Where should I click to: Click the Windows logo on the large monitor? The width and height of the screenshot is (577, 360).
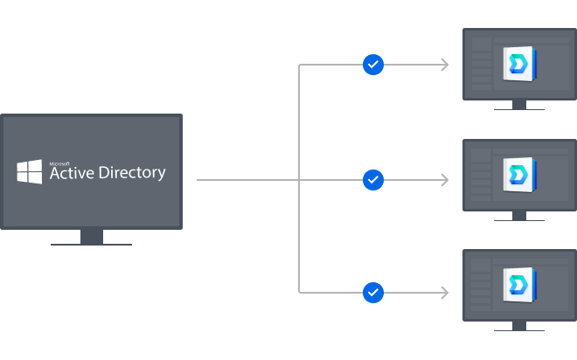point(30,171)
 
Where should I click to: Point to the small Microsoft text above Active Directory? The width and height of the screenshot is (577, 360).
point(59,162)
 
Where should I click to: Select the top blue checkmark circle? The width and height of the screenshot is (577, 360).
point(373,65)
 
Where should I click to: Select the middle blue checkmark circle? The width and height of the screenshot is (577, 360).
point(373,180)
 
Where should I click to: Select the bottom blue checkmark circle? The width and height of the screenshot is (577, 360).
point(373,292)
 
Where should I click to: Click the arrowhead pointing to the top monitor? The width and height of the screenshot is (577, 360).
point(445,65)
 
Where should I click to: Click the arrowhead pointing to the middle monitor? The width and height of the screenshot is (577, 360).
point(445,180)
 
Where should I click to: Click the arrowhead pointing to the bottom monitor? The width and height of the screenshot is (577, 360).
point(445,292)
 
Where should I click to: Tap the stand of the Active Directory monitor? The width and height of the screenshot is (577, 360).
point(91,237)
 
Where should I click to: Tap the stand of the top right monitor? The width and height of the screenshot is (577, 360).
point(519,105)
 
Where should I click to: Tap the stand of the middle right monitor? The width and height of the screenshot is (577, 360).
point(519,216)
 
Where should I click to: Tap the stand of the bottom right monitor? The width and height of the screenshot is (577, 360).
point(519,326)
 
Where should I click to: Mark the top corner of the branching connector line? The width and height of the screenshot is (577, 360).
point(300,66)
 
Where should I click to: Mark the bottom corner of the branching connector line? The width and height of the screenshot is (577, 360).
point(300,291)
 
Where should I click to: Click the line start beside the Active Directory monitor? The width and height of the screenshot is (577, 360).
point(198,180)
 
